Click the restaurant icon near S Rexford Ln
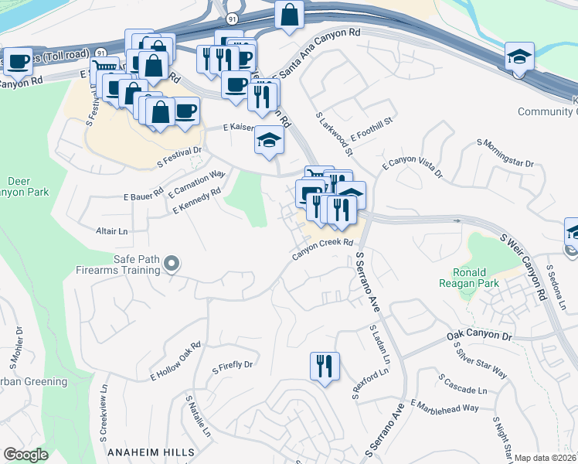[325, 367]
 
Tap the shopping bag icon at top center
[289, 15]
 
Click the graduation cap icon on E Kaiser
[269, 140]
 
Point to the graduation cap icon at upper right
[519, 56]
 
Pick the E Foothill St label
[372, 127]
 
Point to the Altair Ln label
[111, 231]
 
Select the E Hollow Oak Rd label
[175, 361]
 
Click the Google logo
[25, 454]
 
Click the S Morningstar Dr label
[506, 154]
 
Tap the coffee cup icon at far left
[17, 62]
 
